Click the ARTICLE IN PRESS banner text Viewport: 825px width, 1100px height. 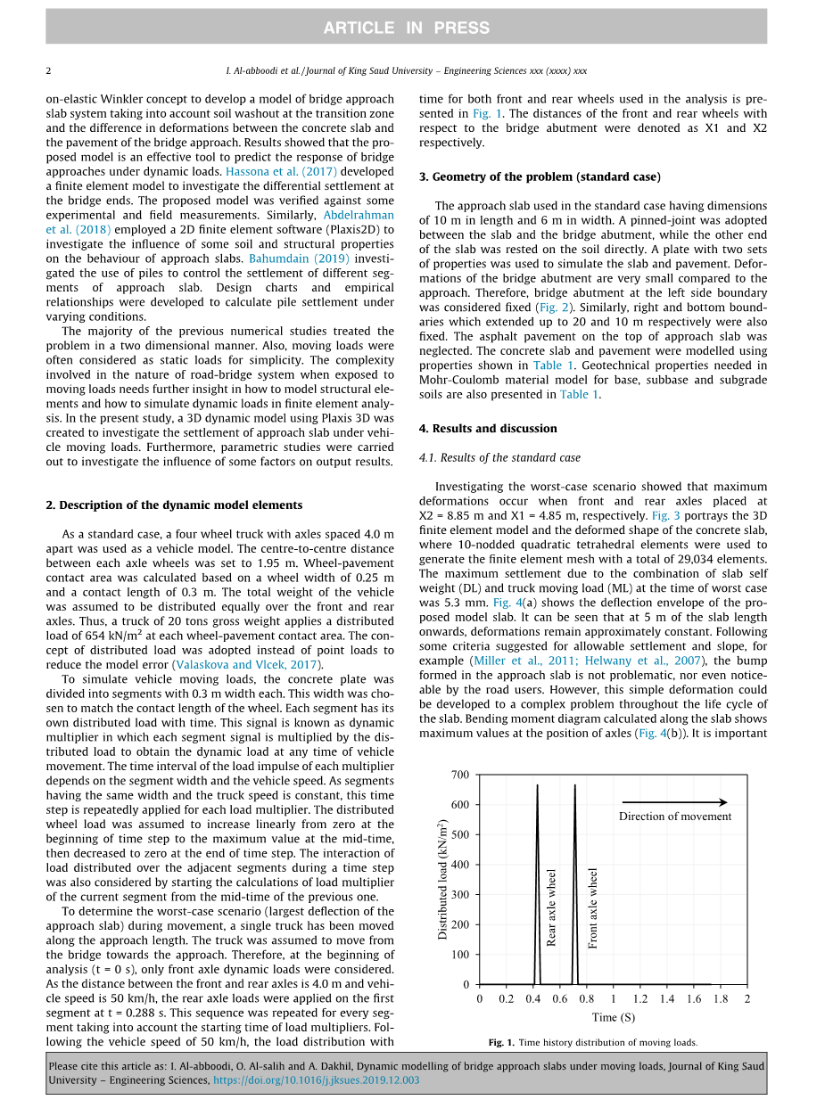[x=406, y=28]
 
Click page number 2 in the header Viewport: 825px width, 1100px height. [x=48, y=70]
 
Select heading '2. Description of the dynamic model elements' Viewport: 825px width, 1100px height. [x=174, y=505]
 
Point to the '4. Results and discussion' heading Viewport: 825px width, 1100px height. [x=488, y=429]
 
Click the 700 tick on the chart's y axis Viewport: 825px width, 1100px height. [x=459, y=775]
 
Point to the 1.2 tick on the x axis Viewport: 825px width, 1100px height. [x=640, y=999]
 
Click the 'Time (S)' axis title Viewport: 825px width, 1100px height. [x=614, y=1017]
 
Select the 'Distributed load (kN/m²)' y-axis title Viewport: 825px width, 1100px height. [x=442, y=879]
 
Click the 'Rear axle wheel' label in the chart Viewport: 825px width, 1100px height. [x=552, y=907]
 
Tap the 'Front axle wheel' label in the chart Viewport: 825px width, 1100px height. [x=594, y=907]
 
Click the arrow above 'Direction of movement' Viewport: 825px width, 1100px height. [x=674, y=802]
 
